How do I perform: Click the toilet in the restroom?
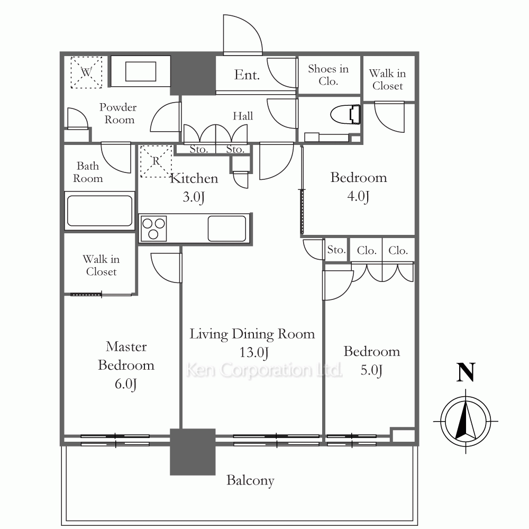tap(345, 114)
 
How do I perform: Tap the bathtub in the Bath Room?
tap(99, 211)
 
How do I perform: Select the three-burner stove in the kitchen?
tap(153, 229)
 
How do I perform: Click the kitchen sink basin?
tap(227, 229)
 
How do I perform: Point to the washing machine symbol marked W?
tap(86, 72)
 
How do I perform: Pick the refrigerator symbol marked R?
tap(156, 161)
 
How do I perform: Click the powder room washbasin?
tap(141, 71)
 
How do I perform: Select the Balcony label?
tap(250, 480)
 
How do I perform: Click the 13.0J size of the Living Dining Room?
tap(254, 352)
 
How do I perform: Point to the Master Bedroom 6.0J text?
tap(126, 366)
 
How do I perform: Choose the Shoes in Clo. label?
tap(329, 75)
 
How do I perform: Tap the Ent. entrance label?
tap(247, 75)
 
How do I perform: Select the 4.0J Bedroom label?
tap(358, 187)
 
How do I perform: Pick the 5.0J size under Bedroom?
tap(371, 370)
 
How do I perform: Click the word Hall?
tap(243, 116)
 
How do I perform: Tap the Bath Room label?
tap(88, 172)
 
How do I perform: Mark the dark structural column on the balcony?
tap(193, 452)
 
